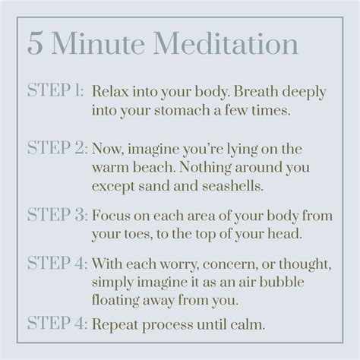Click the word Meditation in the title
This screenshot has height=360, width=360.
[226, 43]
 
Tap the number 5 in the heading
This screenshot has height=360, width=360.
[35, 43]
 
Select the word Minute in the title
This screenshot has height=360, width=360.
[98, 43]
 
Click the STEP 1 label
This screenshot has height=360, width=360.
[55, 90]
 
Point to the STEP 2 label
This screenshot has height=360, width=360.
[57, 147]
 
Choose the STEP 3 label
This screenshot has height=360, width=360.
[57, 214]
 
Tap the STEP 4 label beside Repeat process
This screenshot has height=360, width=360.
[57, 323]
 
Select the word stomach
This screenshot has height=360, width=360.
[182, 110]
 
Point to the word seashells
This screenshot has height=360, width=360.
[233, 186]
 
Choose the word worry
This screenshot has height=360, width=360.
[178, 264]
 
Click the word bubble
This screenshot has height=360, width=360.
[282, 282]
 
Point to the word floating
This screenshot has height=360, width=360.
[115, 301]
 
